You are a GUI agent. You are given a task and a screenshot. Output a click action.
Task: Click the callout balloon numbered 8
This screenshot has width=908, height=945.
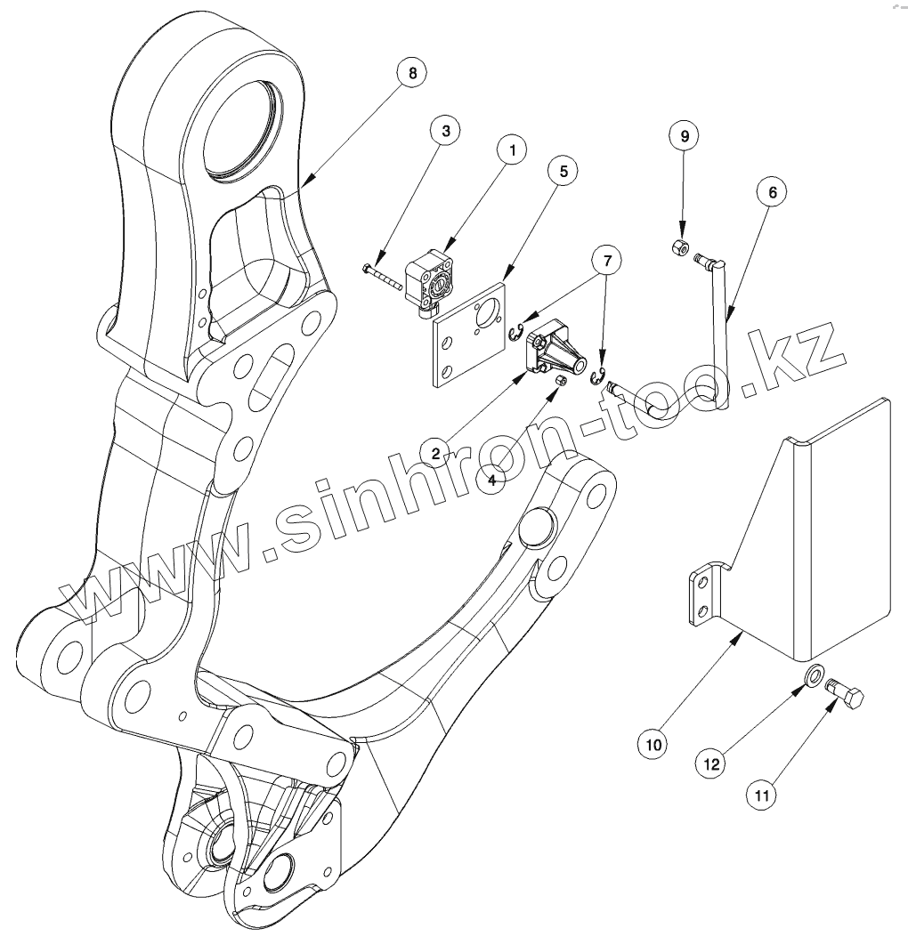click(x=411, y=73)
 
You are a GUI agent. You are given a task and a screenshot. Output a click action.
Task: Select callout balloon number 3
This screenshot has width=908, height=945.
click(x=446, y=130)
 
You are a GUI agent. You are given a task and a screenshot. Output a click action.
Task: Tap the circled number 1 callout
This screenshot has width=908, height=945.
click(x=512, y=149)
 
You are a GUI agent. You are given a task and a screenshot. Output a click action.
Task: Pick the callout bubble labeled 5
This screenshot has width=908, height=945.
click(x=563, y=169)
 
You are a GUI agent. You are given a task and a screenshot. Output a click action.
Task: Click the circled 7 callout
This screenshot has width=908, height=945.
click(x=607, y=261)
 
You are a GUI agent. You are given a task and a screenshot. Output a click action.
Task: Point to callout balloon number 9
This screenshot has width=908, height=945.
click(x=685, y=136)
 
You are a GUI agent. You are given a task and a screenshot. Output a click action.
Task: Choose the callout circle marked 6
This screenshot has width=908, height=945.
click(x=772, y=191)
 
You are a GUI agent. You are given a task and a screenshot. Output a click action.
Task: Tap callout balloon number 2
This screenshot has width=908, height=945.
click(x=435, y=454)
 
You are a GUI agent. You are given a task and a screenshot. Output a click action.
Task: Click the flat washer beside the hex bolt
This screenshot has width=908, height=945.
click(x=814, y=677)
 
